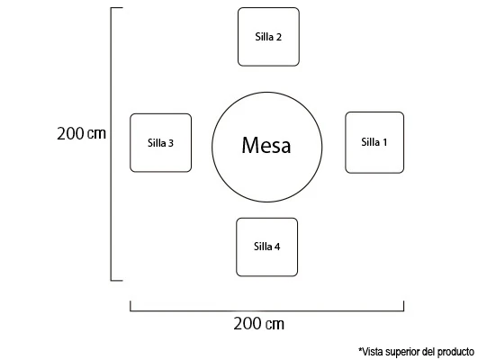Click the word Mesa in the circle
tap(266, 145)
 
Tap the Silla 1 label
tap(374, 142)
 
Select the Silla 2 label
tap(268, 37)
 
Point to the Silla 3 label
tap(160, 143)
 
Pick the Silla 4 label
tap(266, 247)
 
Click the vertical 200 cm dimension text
tap(81, 133)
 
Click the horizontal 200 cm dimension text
tap(258, 323)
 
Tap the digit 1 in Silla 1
tap(385, 142)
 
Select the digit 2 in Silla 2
tap(278, 37)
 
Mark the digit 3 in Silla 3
tap(171, 143)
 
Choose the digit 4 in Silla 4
tap(277, 247)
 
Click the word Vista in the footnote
tap(373, 352)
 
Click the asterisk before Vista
tap(360, 350)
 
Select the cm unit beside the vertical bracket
tap(96, 134)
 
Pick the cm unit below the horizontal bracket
tap(275, 324)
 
